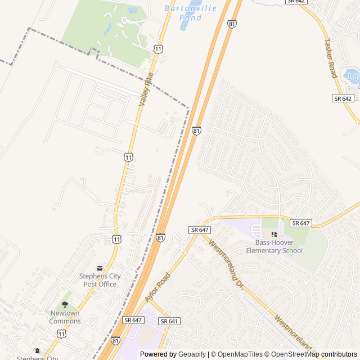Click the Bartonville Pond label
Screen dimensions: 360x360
tap(182, 13)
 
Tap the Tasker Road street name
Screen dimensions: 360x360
tap(332, 58)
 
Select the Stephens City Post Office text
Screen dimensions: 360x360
tap(99, 280)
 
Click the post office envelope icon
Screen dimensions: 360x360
tap(100, 268)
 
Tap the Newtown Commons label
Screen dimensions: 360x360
tap(65, 317)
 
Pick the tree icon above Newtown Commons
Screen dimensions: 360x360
tap(65, 304)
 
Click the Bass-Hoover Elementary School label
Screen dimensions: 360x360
tap(274, 246)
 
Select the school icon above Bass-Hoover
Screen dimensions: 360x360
tap(274, 234)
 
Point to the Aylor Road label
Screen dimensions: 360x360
tap(157, 287)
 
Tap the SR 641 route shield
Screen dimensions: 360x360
tap(169, 321)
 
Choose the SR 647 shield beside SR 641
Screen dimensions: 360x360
tap(133, 319)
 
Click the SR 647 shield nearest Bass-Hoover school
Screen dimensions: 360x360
tap(301, 223)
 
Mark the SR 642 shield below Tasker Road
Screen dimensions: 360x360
tap(342, 98)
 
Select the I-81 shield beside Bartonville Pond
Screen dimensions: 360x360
tap(232, 24)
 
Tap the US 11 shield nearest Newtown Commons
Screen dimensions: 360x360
tap(61, 334)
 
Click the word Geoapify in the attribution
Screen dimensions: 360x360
tap(192, 354)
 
